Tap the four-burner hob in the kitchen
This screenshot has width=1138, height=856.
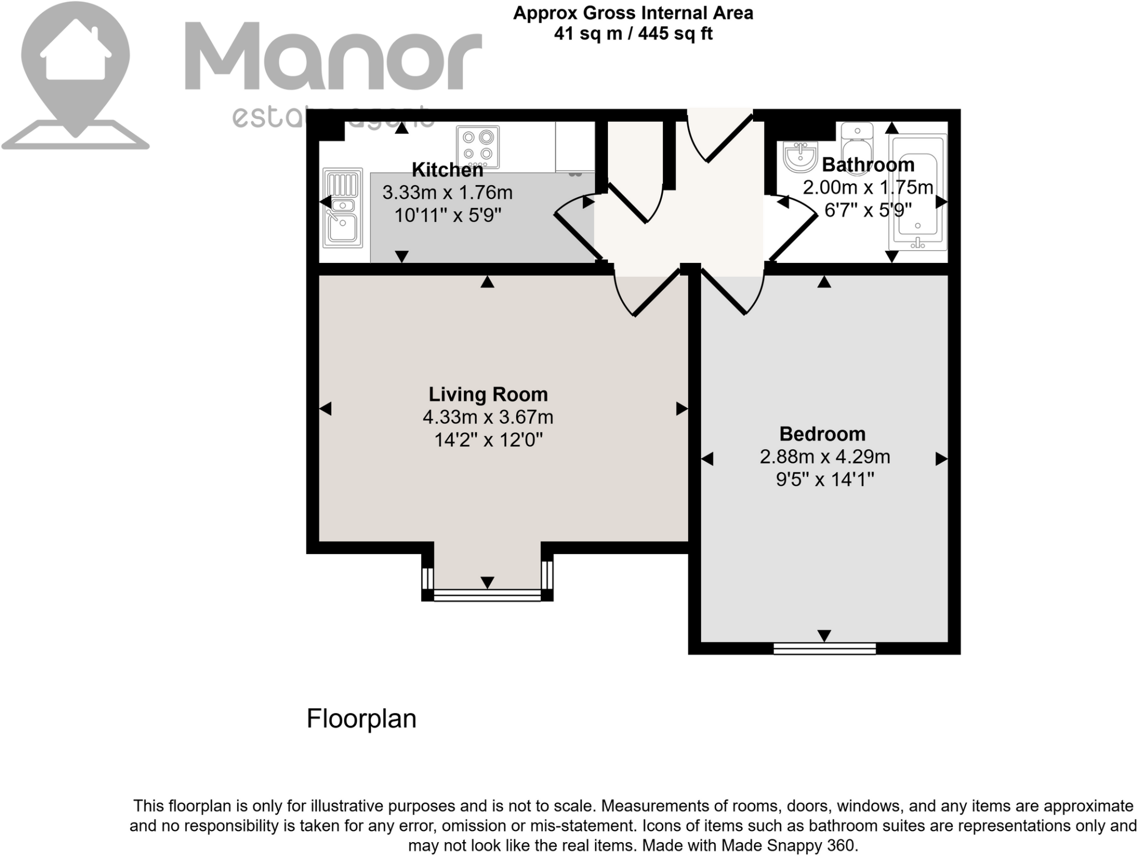[478, 146]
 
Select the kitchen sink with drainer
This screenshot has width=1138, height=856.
[343, 208]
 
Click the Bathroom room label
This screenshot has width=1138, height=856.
[868, 165]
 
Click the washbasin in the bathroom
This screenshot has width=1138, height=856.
[800, 156]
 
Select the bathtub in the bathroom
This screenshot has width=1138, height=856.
[917, 192]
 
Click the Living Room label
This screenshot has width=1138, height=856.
[488, 395]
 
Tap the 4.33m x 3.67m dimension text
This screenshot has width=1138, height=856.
[488, 417]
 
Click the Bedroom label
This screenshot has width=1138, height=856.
[822, 434]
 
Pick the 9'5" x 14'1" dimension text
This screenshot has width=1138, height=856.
[825, 479]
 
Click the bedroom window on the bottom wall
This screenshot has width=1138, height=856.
[825, 648]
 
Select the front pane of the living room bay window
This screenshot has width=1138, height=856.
[487, 596]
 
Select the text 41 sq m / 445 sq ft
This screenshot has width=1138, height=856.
[633, 34]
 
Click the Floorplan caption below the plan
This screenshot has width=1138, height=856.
[361, 719]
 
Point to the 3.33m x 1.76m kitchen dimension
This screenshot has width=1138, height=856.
[447, 193]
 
